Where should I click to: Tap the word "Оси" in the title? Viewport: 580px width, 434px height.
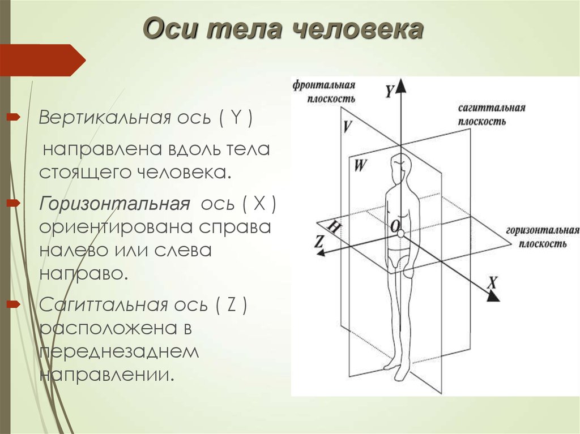[x=170, y=29]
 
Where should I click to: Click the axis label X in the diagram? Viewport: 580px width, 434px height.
[x=492, y=283]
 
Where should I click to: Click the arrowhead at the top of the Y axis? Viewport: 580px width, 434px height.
[x=401, y=87]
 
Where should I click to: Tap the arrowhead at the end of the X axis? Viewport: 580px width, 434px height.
[x=493, y=296]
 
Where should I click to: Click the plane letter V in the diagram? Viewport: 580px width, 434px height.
[x=347, y=126]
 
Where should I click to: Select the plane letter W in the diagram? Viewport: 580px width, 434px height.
[x=360, y=165]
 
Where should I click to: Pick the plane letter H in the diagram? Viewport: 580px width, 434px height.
[x=334, y=226]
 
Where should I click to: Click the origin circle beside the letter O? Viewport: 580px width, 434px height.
[x=401, y=233]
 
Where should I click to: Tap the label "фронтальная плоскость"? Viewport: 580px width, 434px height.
[x=324, y=92]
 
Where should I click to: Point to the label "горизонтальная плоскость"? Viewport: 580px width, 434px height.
[x=542, y=237]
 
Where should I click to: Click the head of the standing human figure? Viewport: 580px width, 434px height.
[x=400, y=164]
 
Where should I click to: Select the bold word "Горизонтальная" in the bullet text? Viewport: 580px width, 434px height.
[x=114, y=203]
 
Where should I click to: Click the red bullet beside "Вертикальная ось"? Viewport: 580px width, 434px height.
[x=14, y=118]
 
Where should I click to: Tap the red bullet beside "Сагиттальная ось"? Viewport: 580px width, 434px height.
[x=14, y=304]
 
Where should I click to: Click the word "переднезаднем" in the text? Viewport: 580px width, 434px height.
[x=119, y=352]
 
